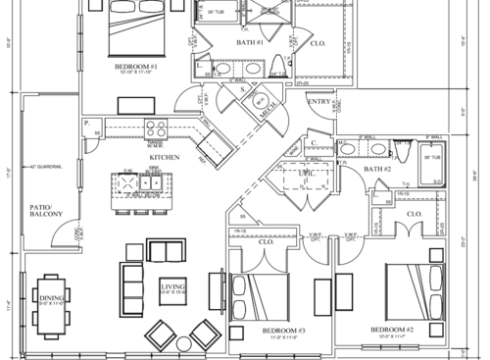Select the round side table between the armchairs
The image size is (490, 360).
[x=180, y=342]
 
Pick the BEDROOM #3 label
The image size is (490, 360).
[x=285, y=333]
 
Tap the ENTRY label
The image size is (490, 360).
[x=318, y=102]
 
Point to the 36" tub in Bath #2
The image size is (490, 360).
[x=433, y=169]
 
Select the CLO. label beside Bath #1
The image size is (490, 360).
[x=320, y=43]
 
